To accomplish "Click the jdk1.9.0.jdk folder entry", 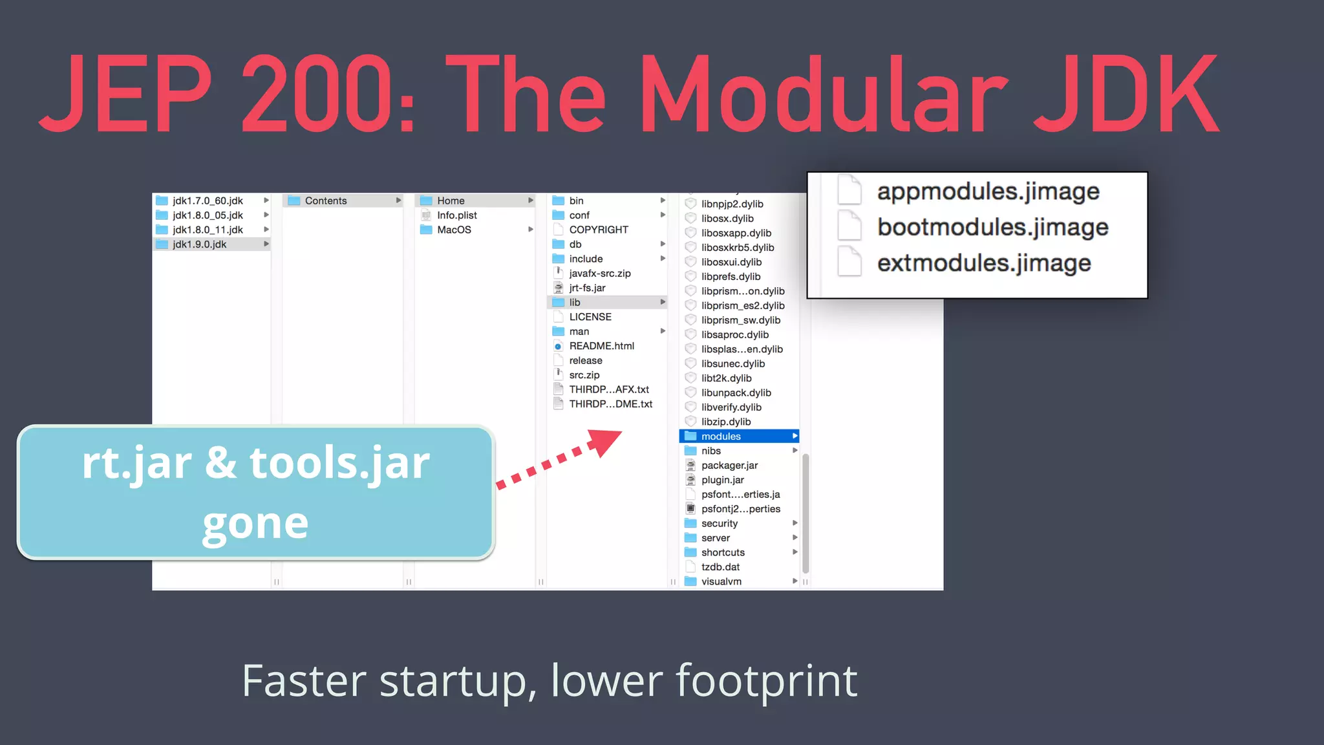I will (199, 244).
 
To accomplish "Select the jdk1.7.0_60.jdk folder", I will (208, 201).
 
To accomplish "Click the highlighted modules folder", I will (721, 437).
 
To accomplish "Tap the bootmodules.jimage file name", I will (992, 228).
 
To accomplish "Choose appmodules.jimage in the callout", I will (987, 191).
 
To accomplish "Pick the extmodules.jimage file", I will (983, 263).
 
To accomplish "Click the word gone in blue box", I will (255, 523).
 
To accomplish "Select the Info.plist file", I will (456, 215).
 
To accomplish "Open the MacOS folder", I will (454, 230).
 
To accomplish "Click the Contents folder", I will (325, 201).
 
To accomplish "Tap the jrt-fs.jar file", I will (587, 288).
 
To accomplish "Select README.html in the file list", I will (601, 346).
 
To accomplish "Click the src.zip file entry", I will (584, 375).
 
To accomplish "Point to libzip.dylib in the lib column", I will (725, 422).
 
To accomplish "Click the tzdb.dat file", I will (720, 567).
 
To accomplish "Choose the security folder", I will (719, 524).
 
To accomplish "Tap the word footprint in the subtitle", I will (766, 682).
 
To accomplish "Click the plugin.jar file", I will (722, 480).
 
